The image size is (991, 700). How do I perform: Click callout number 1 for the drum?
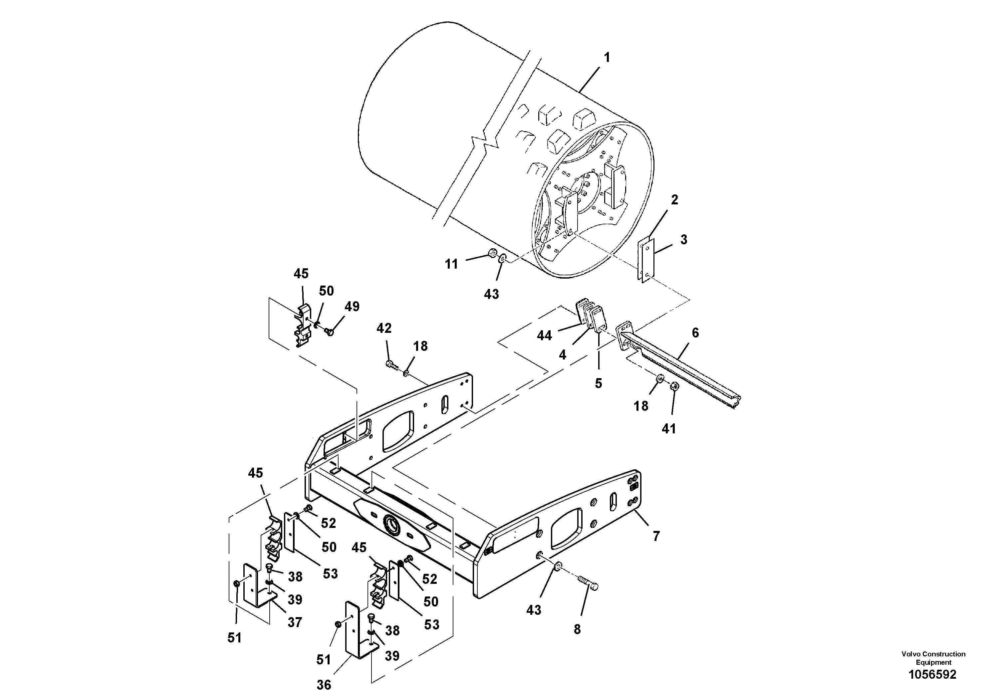click(x=607, y=57)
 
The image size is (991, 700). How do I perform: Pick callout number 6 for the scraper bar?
click(x=695, y=333)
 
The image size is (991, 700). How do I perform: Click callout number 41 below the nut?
click(x=668, y=428)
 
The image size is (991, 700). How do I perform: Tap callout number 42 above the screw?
click(x=384, y=329)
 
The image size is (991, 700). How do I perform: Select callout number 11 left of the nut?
click(x=451, y=264)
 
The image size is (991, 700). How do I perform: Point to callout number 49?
click(x=352, y=307)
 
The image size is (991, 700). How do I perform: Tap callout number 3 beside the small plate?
click(x=684, y=240)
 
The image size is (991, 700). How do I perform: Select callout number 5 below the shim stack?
click(x=598, y=383)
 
